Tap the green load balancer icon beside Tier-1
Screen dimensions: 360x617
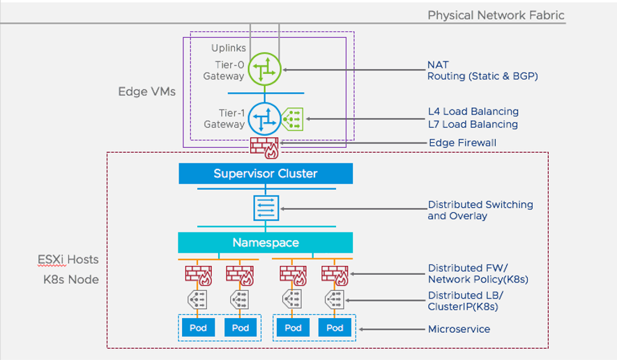pyautogui.click(x=293, y=119)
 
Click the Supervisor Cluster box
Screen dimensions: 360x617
pyautogui.click(x=265, y=173)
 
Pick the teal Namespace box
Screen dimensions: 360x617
pyautogui.click(x=265, y=243)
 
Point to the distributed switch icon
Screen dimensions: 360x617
pyautogui.click(x=266, y=208)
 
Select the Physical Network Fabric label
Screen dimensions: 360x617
pyautogui.click(x=496, y=15)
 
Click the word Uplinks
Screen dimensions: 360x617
pyautogui.click(x=229, y=48)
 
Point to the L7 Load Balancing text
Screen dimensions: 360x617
pyautogui.click(x=473, y=124)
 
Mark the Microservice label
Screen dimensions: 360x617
pyautogui.click(x=459, y=329)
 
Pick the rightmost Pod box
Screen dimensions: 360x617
pyautogui.click(x=335, y=328)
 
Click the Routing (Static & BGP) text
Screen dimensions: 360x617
pyautogui.click(x=483, y=76)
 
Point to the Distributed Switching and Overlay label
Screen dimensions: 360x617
pyautogui.click(x=480, y=210)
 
